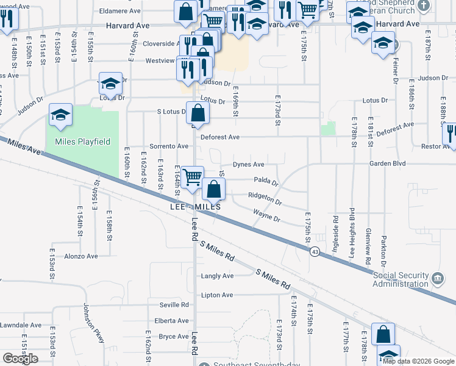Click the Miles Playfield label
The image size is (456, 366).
click(x=83, y=142)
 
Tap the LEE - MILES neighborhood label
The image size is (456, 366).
click(x=194, y=207)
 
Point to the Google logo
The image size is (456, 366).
click(x=20, y=359)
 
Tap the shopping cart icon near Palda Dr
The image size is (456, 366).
click(x=193, y=177)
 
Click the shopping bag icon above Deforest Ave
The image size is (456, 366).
click(x=198, y=113)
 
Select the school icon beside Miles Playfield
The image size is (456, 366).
click(x=61, y=115)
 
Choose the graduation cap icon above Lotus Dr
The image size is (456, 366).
click(x=110, y=84)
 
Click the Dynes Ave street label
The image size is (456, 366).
click(x=249, y=165)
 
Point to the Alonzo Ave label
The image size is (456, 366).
click(x=81, y=256)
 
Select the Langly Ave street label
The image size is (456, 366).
click(x=218, y=276)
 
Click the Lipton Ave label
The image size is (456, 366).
click(x=217, y=295)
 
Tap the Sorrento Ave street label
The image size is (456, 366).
click(x=169, y=146)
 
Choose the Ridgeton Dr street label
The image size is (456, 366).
click(x=265, y=199)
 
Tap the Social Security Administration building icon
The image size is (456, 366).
click(x=437, y=279)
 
